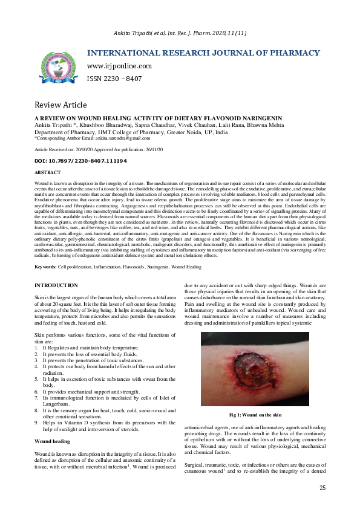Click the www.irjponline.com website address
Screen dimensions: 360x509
(x=119, y=66)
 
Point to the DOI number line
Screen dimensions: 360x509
(x=80, y=161)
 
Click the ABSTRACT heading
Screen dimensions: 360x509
(x=48, y=173)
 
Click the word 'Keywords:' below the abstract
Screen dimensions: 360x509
(x=46, y=267)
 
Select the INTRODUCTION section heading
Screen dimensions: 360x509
(x=56, y=285)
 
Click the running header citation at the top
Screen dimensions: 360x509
(x=180, y=33)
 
